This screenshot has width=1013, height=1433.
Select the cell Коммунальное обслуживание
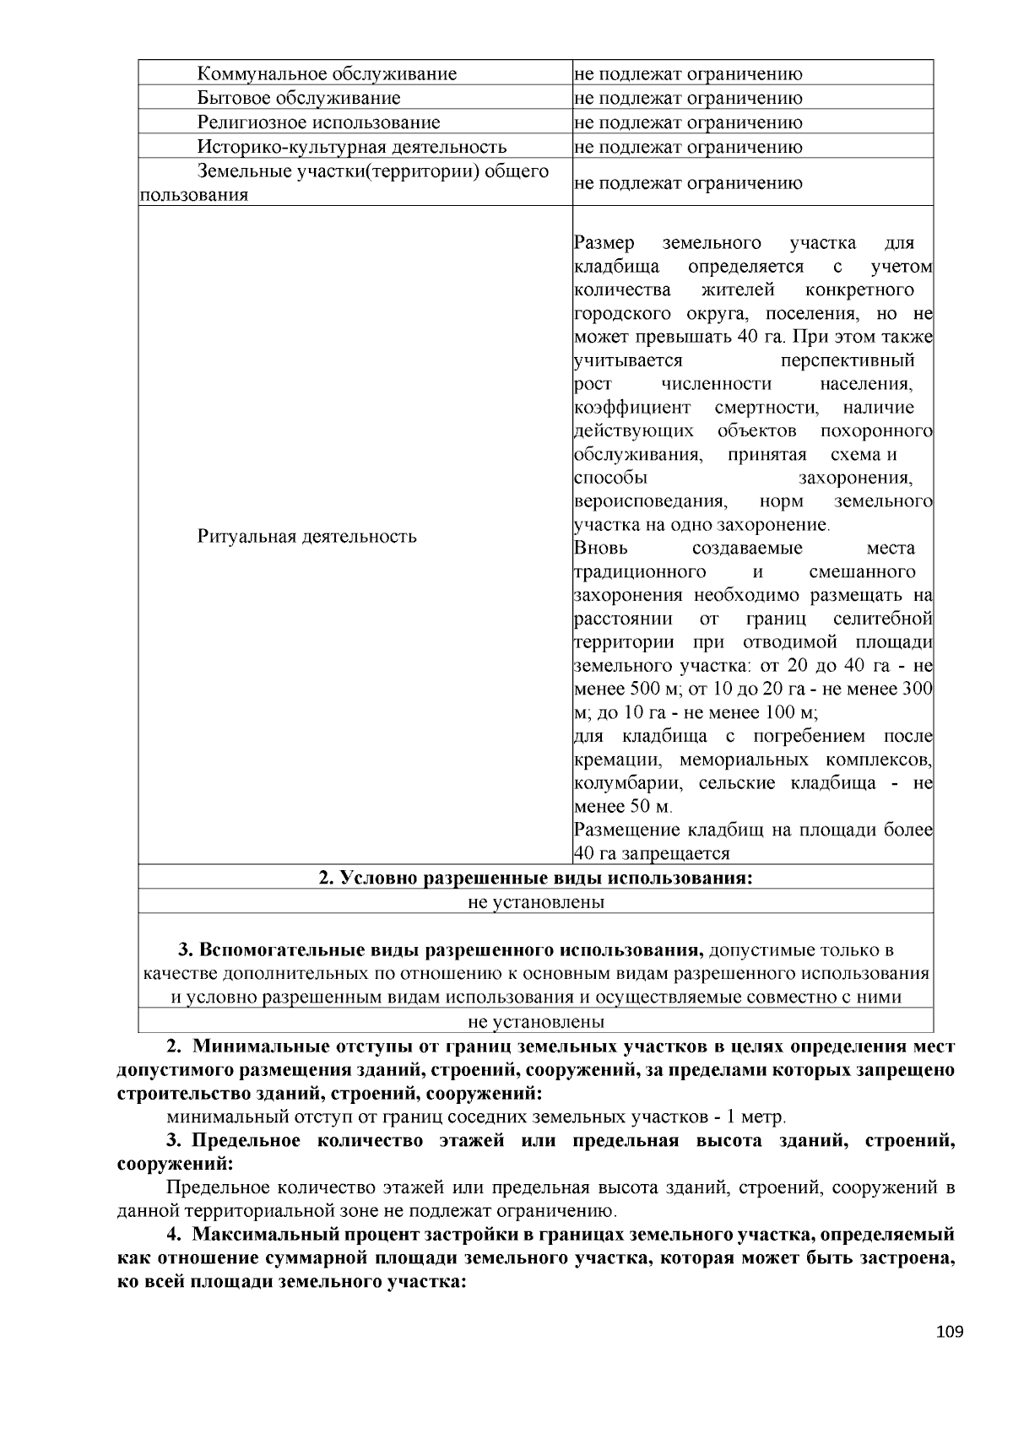[x=327, y=74]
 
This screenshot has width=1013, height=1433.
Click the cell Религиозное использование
[x=318, y=122]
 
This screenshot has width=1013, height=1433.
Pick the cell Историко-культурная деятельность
[x=352, y=147]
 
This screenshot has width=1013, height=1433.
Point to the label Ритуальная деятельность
[x=306, y=537]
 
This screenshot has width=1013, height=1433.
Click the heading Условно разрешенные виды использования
[x=535, y=878]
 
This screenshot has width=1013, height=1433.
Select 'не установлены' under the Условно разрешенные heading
[x=535, y=902]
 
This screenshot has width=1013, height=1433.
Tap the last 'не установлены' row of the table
[x=535, y=1022]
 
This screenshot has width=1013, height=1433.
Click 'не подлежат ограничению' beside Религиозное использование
[x=688, y=122]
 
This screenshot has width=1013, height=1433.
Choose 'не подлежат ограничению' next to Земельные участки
[x=688, y=183]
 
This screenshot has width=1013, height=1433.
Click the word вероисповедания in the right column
[x=649, y=501]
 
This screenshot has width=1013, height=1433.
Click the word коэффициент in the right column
[x=631, y=408]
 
